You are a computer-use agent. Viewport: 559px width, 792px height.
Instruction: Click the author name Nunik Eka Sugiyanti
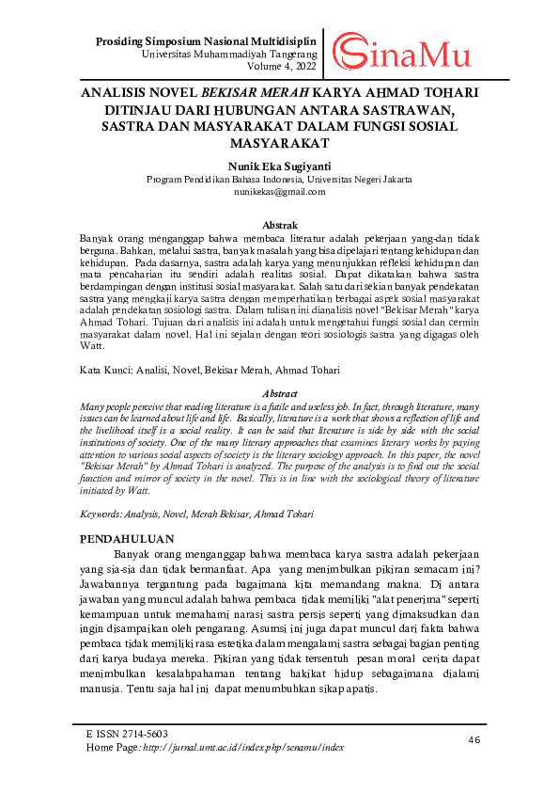(279, 164)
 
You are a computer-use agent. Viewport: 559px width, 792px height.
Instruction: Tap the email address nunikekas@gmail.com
(279, 191)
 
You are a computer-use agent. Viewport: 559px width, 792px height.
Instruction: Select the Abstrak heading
(279, 226)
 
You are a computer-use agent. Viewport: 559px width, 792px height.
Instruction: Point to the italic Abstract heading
(279, 393)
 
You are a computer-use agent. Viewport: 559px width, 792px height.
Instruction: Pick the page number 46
(474, 740)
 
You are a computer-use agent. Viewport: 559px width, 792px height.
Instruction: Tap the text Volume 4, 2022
(280, 68)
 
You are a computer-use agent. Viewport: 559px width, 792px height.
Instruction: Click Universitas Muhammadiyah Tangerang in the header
(228, 55)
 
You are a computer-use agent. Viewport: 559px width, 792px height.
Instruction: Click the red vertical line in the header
(324, 53)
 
